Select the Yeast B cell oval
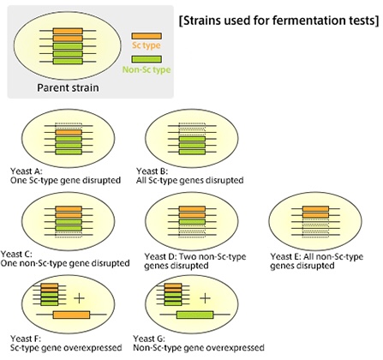click(187, 136)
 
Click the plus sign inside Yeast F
click(80, 298)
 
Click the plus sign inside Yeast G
click(205, 298)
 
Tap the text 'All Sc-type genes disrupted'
click(195, 180)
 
